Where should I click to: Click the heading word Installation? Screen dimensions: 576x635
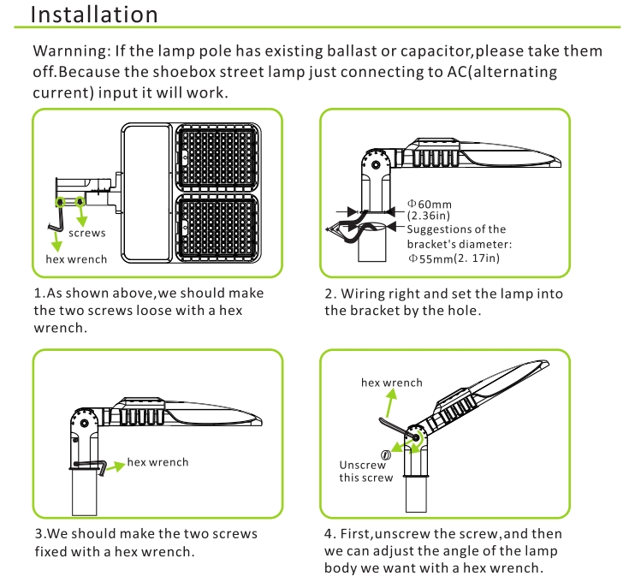94,15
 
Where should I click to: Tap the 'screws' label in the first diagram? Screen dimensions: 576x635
87,233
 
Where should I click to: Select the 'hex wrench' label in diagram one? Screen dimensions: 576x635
77,258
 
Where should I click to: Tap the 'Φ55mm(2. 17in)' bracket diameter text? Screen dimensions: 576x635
454,258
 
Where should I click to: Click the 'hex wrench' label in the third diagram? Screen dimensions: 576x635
157,462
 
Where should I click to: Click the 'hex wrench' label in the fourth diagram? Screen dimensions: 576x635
392,383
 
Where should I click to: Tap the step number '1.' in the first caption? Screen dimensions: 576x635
39,294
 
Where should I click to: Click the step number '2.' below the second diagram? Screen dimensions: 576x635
330,294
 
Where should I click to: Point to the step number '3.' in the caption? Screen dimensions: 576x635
39,534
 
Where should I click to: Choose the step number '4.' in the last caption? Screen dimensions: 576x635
330,534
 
